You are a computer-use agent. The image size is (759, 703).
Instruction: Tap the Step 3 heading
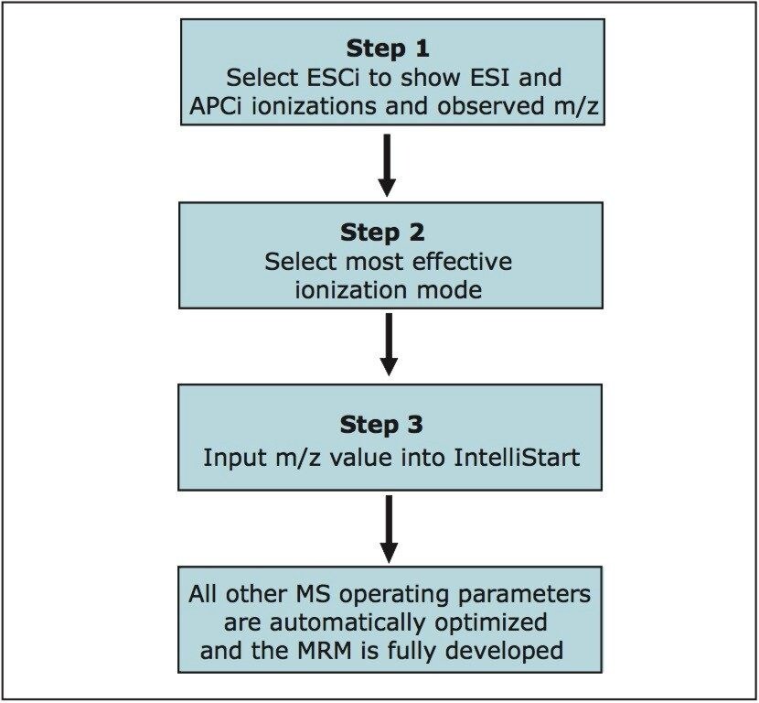tap(388, 425)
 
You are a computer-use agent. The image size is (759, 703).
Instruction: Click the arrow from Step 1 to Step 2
tap(388, 165)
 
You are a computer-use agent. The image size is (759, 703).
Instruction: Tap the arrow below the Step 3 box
tap(388, 530)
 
